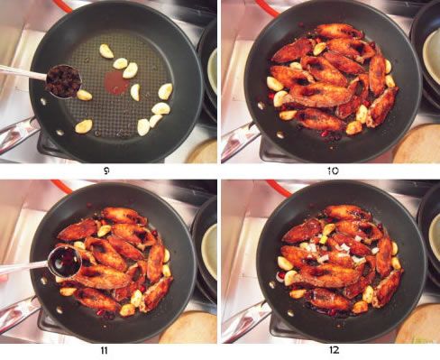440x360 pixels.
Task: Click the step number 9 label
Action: (x=106, y=171)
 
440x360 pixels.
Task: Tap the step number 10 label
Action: (x=333, y=171)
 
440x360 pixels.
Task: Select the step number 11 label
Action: (x=104, y=351)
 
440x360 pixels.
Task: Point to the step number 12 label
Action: (x=334, y=350)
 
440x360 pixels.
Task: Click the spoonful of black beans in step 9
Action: (x=63, y=81)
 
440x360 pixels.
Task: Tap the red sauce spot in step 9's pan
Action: (x=116, y=82)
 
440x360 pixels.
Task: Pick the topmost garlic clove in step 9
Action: (x=106, y=51)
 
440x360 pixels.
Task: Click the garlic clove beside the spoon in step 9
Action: (x=84, y=95)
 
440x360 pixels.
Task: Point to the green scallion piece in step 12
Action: (x=324, y=239)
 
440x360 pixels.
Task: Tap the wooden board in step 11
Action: (x=188, y=328)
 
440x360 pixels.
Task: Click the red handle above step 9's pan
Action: (x=63, y=6)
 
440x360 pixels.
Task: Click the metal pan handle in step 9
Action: (x=19, y=134)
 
